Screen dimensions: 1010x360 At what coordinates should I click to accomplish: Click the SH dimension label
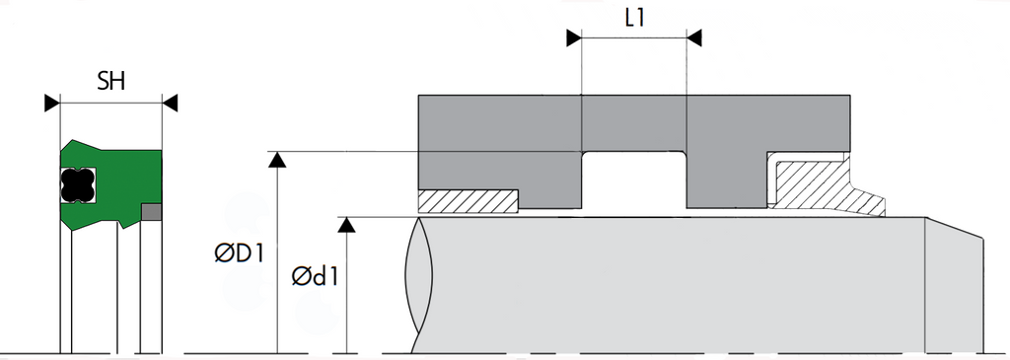(110, 81)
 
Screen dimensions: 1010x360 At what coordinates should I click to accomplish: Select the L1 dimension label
(634, 18)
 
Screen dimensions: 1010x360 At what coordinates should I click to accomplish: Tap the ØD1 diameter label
(240, 253)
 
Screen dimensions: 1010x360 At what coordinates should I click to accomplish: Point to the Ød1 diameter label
(315, 276)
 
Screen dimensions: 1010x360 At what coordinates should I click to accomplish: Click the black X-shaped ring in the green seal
(78, 184)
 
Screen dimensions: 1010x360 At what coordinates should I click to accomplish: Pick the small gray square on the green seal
(151, 212)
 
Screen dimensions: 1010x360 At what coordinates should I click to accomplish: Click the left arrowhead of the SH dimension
(52, 103)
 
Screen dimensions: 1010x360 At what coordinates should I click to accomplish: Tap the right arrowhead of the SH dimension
(170, 103)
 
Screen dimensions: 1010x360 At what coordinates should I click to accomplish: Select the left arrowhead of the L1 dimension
(574, 38)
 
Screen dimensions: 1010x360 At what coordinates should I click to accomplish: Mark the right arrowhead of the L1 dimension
(693, 38)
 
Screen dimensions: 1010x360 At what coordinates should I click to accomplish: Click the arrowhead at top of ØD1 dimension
(277, 160)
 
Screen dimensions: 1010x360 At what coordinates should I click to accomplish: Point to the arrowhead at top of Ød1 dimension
(346, 225)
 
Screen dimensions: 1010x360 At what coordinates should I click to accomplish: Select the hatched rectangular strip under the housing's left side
(469, 201)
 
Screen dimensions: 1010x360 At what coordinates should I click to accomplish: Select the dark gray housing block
(634, 122)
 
